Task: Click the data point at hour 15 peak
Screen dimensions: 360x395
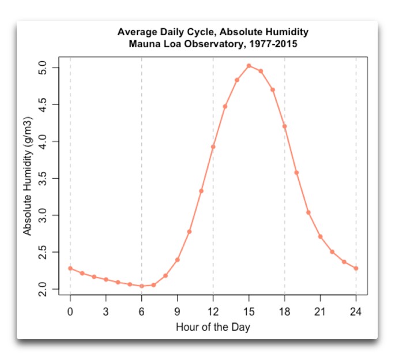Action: (x=249, y=66)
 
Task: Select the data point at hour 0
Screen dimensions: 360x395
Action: (x=70, y=268)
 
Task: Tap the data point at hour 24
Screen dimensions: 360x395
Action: (x=356, y=268)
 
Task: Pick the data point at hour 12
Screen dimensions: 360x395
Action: (x=213, y=147)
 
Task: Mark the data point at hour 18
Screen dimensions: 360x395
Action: (x=284, y=126)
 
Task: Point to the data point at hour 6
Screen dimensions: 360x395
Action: (x=142, y=286)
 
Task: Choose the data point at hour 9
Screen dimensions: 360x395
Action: (x=178, y=260)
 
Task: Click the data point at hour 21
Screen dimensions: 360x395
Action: (x=320, y=237)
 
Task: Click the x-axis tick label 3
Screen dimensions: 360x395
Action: (x=106, y=312)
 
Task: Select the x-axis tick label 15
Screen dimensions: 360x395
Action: (x=249, y=312)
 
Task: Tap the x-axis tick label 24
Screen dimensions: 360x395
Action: (x=356, y=312)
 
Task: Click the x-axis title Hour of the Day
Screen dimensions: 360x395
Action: (x=213, y=327)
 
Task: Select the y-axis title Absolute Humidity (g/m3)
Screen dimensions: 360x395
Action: (x=28, y=178)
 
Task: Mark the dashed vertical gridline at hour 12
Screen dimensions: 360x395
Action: (x=213, y=219)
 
